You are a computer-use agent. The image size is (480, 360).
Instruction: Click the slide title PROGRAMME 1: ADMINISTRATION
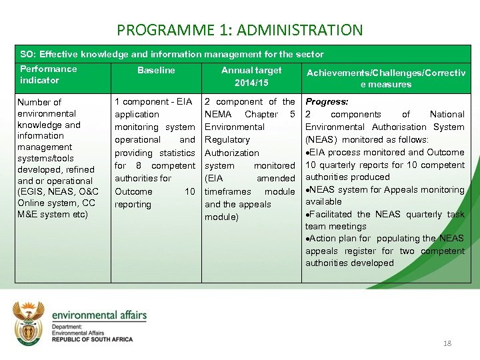pyautogui.click(x=240, y=30)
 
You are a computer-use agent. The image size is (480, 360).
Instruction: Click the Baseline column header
pyautogui.click(x=156, y=70)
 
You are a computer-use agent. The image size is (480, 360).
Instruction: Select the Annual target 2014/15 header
pyautogui.click(x=251, y=77)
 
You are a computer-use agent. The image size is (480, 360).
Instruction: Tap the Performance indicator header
pyautogui.click(x=49, y=75)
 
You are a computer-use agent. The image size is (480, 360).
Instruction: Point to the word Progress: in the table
pyautogui.click(x=327, y=102)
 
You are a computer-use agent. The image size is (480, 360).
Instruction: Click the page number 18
pyautogui.click(x=447, y=343)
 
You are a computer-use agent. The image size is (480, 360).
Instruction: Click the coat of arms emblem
pyautogui.click(x=31, y=322)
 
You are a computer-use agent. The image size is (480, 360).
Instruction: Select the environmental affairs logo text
pyautogui.click(x=99, y=315)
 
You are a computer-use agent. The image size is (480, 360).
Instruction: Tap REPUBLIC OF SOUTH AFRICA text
pyautogui.click(x=93, y=339)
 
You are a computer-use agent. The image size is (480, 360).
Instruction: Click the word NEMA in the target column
pyautogui.click(x=218, y=114)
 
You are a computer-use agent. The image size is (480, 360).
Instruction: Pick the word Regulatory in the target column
pyautogui.click(x=227, y=140)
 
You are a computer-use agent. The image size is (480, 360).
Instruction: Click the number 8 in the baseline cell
pyautogui.click(x=139, y=165)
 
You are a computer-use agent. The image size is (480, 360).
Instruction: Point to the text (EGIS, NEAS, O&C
pyautogui.click(x=58, y=192)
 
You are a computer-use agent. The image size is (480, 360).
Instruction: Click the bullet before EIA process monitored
pyautogui.click(x=307, y=153)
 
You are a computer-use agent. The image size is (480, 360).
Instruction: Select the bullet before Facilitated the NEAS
pyautogui.click(x=307, y=215)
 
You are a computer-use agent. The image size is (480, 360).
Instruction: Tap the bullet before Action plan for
pyautogui.click(x=307, y=239)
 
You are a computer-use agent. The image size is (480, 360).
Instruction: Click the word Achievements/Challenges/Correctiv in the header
pyautogui.click(x=386, y=72)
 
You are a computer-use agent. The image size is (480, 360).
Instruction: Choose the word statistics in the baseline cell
pyautogui.click(x=177, y=153)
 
